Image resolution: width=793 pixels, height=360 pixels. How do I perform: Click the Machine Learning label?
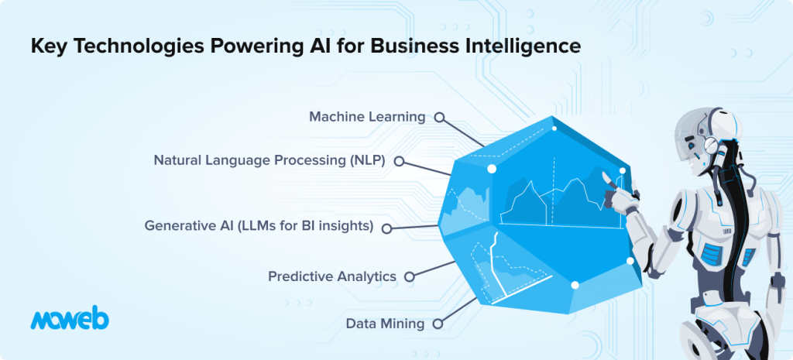pyautogui.click(x=367, y=117)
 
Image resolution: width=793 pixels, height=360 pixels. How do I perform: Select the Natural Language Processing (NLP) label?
pyautogui.click(x=269, y=161)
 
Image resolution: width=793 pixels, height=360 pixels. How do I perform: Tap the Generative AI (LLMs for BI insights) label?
pyautogui.click(x=259, y=225)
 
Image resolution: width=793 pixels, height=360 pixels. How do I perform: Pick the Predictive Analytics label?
pyautogui.click(x=332, y=276)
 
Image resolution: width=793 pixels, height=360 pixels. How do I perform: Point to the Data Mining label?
pyautogui.click(x=386, y=324)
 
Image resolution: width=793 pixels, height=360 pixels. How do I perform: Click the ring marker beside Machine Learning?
pyautogui.click(x=440, y=118)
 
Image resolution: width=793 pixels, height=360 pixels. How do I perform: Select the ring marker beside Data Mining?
pyautogui.click(x=438, y=324)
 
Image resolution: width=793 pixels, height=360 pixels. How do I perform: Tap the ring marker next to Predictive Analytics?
pyautogui.click(x=410, y=276)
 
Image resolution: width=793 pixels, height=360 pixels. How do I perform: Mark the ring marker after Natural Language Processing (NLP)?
pyautogui.click(x=399, y=161)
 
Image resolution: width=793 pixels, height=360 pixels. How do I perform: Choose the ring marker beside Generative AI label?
pyautogui.click(x=387, y=228)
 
